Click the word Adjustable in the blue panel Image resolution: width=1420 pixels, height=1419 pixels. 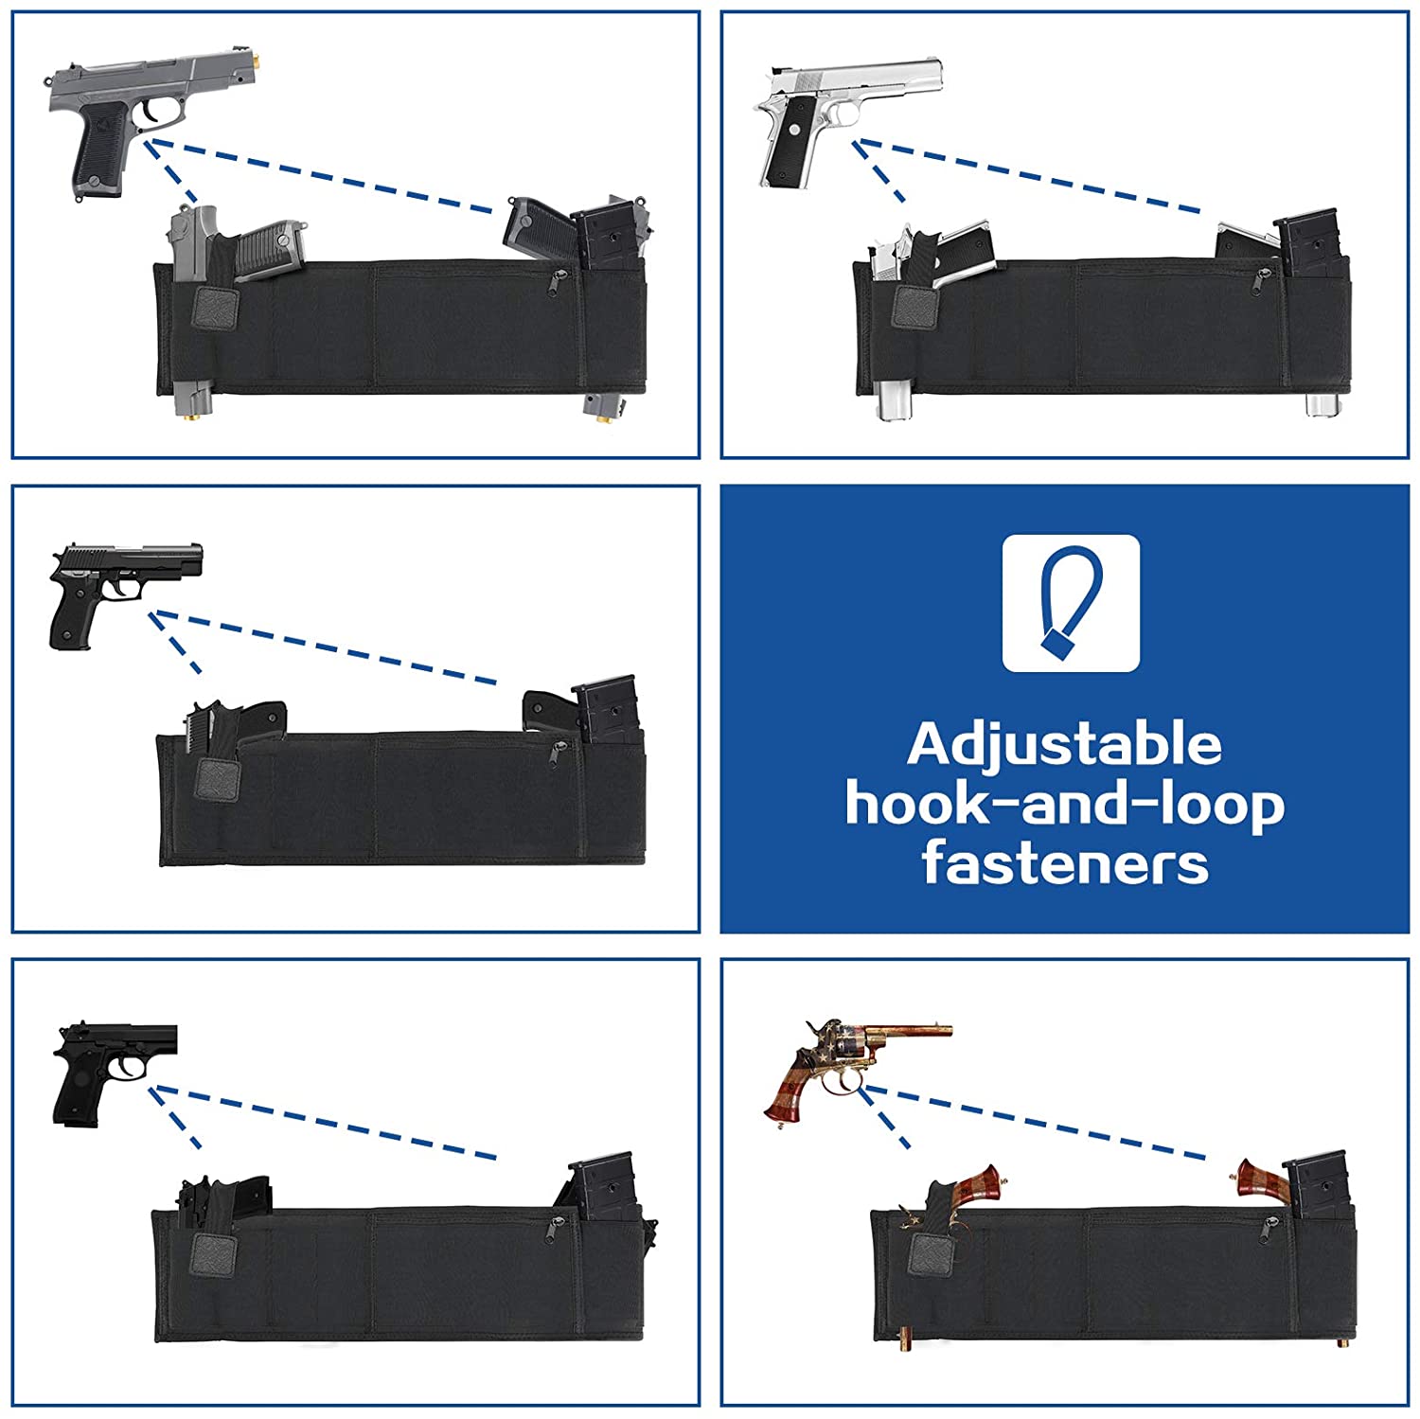coord(1064,745)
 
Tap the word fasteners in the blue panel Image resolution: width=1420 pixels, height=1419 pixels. coord(1065,863)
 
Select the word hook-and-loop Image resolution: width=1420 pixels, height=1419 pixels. coord(1064,805)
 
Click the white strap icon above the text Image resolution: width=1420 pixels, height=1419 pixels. coord(1071,603)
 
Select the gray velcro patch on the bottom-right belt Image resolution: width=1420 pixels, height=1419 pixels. coord(931,1253)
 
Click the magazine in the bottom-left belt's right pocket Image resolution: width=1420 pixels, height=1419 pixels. coord(601,1185)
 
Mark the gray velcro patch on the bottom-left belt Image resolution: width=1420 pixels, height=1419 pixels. coord(214,1254)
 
